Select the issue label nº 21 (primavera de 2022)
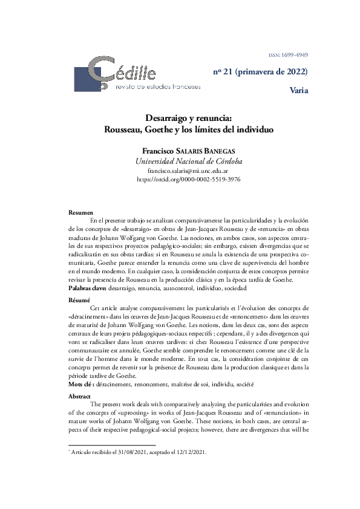(x=260, y=72)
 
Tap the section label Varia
(x=299, y=91)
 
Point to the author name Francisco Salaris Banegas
(x=180, y=151)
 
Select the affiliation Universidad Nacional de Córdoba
(x=180, y=161)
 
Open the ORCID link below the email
(x=180, y=180)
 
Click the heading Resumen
(x=81, y=213)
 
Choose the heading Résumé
(x=80, y=300)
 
